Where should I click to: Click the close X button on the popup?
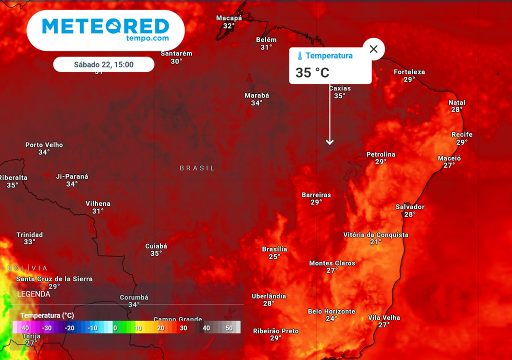pos(373,49)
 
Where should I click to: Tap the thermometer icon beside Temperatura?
pos(299,56)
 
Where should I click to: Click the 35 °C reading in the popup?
pos(312,73)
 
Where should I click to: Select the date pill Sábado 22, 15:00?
pos(103,64)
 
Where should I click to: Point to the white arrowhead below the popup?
pos(329,142)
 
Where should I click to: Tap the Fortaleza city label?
pos(409,72)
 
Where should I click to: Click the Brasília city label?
pos(274,249)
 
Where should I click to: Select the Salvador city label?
pos(410,207)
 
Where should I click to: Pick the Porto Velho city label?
pos(44,145)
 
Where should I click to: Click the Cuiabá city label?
pos(156,246)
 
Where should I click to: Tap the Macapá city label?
pos(229,18)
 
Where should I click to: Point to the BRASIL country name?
pos(197,168)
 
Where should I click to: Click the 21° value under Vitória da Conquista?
pos(376,242)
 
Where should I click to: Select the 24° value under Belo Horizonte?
pos(331,318)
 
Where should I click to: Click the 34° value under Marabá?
pos(256,103)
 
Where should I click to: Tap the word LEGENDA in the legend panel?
pos(33,294)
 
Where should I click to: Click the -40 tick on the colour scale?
pos(24,328)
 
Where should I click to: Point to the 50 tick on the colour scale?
pos(229,328)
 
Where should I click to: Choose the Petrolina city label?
pos(380,154)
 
